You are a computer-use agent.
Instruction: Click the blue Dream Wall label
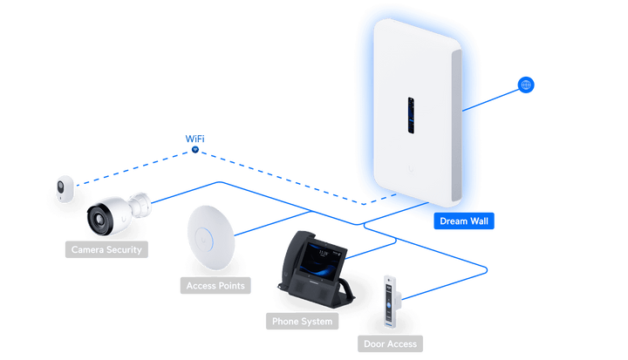point(464,221)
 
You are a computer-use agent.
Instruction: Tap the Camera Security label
point(106,249)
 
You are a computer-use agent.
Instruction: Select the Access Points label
point(215,286)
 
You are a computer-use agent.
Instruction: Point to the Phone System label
point(302,321)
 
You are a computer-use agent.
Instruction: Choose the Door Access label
point(390,343)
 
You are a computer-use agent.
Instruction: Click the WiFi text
point(195,139)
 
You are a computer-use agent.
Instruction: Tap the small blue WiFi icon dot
point(195,150)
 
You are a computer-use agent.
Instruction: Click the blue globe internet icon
point(526,85)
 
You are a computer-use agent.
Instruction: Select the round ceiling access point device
point(211,238)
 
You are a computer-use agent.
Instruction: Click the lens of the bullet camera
point(99,219)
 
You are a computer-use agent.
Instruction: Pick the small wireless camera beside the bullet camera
point(65,188)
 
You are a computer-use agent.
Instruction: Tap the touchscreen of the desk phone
point(320,261)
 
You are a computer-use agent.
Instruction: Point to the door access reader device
point(390,301)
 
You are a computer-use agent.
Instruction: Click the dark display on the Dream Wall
point(411,115)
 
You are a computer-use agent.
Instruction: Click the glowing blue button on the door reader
point(388,305)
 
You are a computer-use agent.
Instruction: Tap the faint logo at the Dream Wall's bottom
point(411,170)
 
